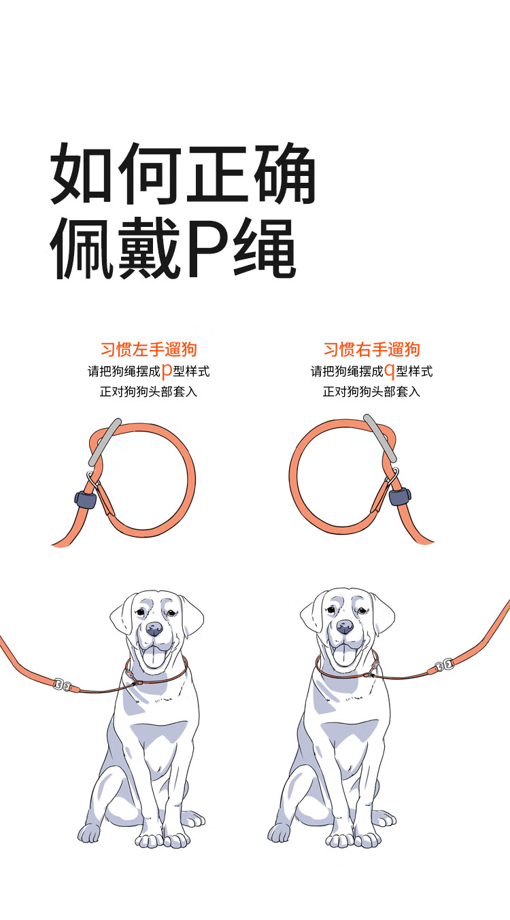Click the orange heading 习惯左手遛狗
149,349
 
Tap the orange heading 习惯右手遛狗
371,349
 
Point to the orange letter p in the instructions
167,372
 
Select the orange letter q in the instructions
390,372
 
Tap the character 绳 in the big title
265,247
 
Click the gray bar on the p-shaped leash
105,442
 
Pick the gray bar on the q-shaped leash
380,438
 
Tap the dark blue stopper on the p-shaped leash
86,499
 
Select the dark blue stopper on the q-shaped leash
400,497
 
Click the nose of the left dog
154,629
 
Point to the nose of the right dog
344,626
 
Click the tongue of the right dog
344,656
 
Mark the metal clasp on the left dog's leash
63,684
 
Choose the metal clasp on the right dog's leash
444,665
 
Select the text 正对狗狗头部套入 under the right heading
371,392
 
